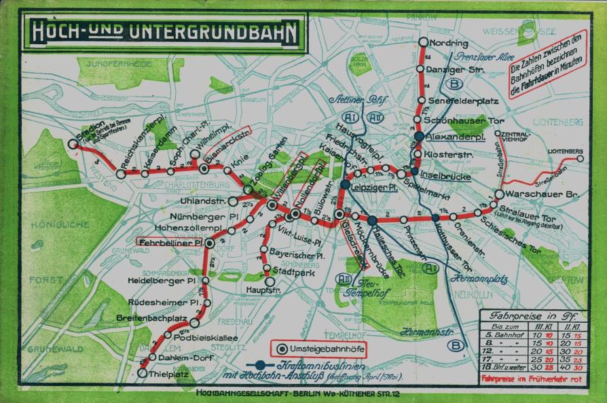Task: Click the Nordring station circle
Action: tap(424, 42)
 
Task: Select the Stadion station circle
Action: tap(73, 143)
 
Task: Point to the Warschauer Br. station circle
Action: tap(499, 194)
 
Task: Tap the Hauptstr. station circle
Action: tap(270, 281)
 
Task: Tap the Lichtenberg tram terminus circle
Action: tap(581, 158)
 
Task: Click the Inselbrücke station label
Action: tap(446, 174)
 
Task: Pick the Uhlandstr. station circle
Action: tap(232, 201)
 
